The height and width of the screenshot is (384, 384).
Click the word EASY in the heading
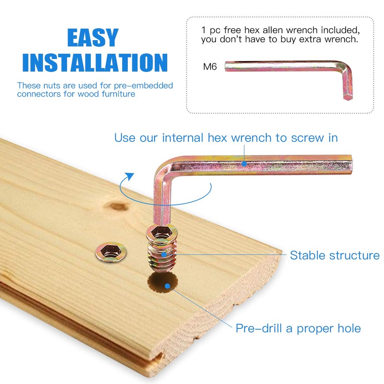click(x=93, y=37)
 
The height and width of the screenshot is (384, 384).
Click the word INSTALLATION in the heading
click(x=95, y=63)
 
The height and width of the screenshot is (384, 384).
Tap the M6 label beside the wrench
click(x=210, y=67)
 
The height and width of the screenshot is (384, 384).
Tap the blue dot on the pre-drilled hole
click(x=167, y=286)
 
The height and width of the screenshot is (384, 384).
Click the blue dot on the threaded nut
click(x=164, y=254)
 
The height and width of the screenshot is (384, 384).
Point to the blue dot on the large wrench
click(x=244, y=163)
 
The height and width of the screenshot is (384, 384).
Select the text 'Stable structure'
click(x=334, y=255)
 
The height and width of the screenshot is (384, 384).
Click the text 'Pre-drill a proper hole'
click(x=298, y=328)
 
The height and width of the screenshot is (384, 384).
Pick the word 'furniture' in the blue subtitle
click(x=118, y=94)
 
